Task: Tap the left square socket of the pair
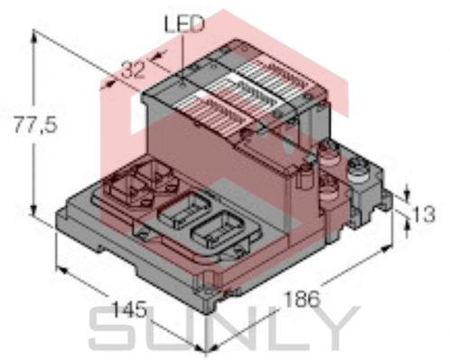click(x=126, y=186)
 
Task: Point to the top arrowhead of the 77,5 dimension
click(x=37, y=34)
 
